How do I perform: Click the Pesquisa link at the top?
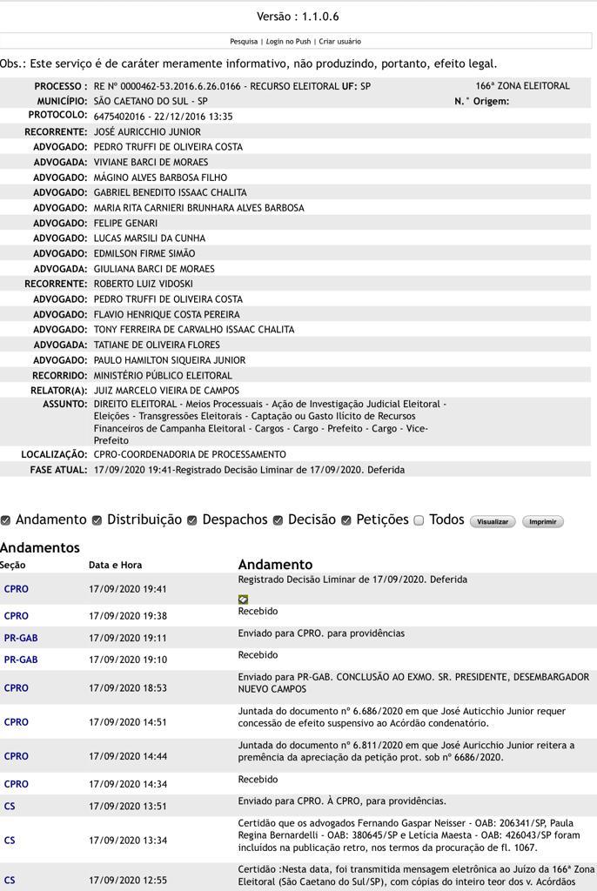coord(244,42)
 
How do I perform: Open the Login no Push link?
coord(288,42)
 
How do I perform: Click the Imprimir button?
coord(542,522)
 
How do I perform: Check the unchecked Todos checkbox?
coord(419,520)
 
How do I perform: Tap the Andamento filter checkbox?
coord(6,520)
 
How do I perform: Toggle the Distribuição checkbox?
coord(97,520)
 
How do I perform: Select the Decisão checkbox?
coord(278,520)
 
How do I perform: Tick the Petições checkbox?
coord(346,520)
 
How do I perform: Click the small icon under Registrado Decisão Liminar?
coord(243,600)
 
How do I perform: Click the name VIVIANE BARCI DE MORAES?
coord(151,163)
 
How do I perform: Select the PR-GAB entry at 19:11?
coord(21,638)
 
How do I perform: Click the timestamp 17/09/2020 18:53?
coord(128,688)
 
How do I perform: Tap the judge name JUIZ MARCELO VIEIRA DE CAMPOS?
coord(166,391)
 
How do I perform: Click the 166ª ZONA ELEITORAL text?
coord(522,86)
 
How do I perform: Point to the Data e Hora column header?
coord(115,566)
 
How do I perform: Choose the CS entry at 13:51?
coord(10,807)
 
